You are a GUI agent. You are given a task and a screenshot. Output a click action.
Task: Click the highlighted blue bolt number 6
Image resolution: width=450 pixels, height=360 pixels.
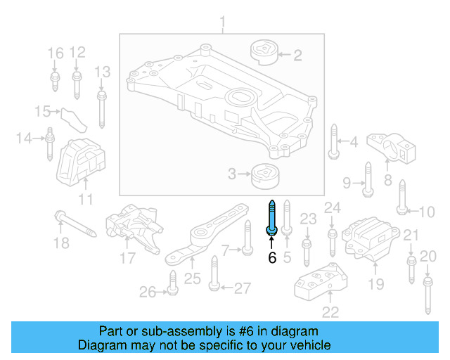[x=271, y=218]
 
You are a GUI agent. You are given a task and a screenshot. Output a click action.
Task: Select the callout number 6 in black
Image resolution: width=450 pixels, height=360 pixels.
[x=272, y=258]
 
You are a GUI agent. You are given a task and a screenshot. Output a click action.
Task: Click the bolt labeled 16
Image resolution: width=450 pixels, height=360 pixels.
[x=54, y=78]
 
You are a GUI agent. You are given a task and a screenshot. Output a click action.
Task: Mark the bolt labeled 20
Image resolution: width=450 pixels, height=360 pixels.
[x=426, y=294]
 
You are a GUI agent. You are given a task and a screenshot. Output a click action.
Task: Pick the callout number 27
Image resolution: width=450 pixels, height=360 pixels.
[x=242, y=288]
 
